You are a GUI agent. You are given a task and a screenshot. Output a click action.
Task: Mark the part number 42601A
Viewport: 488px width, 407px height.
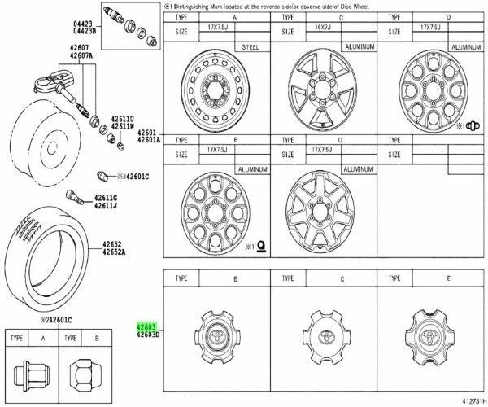149,139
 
